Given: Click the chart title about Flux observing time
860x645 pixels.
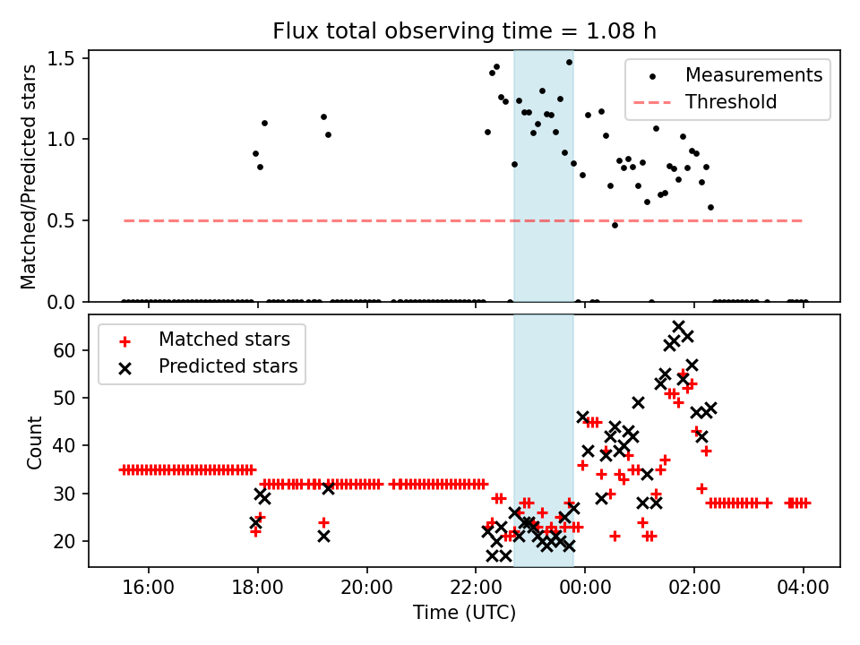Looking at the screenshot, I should click(x=464, y=31).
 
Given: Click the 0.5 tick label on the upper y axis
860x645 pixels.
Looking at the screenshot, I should click(x=67, y=220).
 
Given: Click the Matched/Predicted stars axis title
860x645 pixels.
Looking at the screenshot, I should click(x=29, y=176).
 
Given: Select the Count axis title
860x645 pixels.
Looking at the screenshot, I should click(x=35, y=443).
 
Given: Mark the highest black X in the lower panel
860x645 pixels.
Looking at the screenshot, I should click(x=679, y=327).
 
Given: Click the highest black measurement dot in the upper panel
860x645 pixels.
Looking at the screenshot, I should click(x=569, y=62).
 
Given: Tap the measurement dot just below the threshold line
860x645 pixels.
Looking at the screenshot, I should click(x=615, y=225).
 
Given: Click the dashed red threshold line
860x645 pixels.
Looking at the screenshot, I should click(x=358, y=220).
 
